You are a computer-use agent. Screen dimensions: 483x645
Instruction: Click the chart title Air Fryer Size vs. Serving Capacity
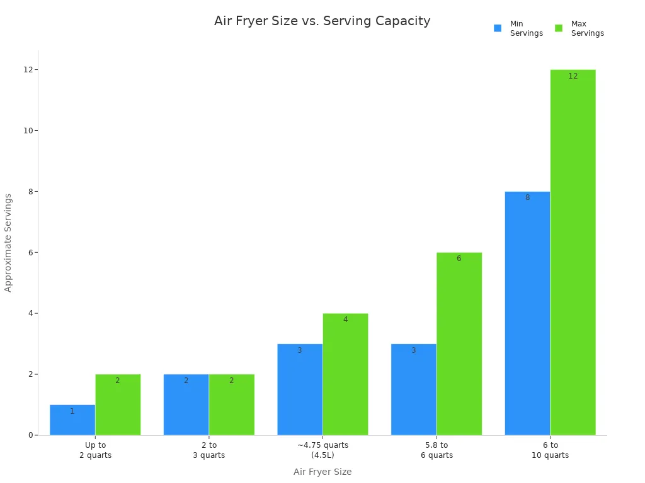(x=322, y=21)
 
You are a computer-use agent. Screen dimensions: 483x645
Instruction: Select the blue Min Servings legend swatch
(x=498, y=28)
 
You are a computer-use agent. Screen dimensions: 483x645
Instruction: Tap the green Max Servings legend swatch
(x=559, y=28)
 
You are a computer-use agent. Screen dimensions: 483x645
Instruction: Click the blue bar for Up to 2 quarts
(x=72, y=420)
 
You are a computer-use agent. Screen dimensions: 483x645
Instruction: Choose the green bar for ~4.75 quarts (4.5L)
(x=345, y=374)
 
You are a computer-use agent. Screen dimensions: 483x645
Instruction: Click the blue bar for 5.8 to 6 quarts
(x=413, y=389)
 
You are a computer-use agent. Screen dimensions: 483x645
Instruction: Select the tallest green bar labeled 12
(x=573, y=252)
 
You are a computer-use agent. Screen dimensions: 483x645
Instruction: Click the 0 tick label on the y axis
(x=30, y=435)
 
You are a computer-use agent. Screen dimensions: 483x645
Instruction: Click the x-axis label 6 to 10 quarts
(x=550, y=450)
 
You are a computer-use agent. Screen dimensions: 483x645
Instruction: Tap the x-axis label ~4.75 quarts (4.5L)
(x=322, y=450)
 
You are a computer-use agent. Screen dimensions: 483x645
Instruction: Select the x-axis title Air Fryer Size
(x=322, y=472)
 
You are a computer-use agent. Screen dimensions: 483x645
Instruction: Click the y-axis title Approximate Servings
(x=8, y=243)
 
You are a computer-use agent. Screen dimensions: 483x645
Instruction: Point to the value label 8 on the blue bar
(x=527, y=197)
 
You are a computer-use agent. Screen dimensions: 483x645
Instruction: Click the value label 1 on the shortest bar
(x=72, y=411)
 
